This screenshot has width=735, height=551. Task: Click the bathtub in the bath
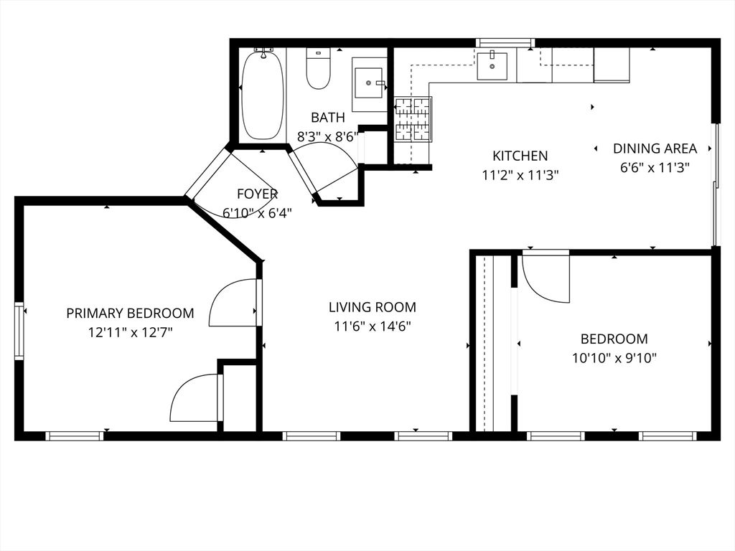(x=262, y=95)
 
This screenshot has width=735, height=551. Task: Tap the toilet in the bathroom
(x=318, y=69)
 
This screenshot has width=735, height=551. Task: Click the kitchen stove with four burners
(x=413, y=119)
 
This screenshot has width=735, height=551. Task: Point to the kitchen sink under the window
(x=492, y=67)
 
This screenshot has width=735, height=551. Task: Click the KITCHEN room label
(x=520, y=156)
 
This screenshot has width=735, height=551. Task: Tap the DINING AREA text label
(x=655, y=149)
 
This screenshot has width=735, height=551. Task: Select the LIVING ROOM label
(x=372, y=308)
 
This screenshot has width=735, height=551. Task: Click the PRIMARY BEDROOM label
(x=130, y=314)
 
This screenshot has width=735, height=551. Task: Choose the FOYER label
(x=257, y=194)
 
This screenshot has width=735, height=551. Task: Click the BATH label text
(x=327, y=118)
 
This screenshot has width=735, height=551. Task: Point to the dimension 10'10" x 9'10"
(x=614, y=357)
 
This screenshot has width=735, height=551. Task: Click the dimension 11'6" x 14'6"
(x=372, y=326)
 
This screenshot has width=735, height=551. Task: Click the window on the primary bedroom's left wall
(x=20, y=331)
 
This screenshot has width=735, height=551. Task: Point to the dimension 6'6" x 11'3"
(x=655, y=167)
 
